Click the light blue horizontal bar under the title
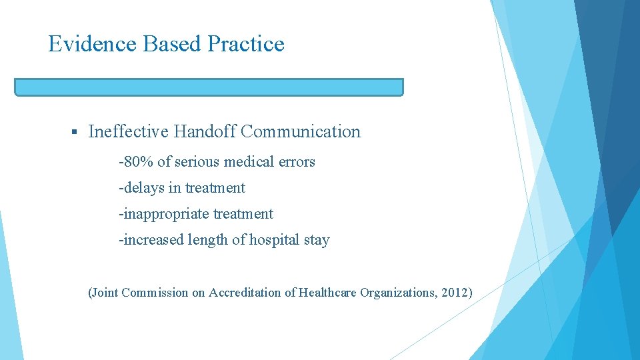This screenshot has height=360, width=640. pyautogui.click(x=209, y=87)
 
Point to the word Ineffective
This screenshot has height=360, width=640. pyautogui.click(x=129, y=132)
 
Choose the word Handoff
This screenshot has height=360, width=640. pyautogui.click(x=205, y=132)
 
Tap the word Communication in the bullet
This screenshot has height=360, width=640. pyautogui.click(x=301, y=132)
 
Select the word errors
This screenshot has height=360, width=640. pyautogui.click(x=297, y=162)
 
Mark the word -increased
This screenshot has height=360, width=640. pyautogui.click(x=148, y=240)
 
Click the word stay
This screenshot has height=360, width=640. pyautogui.click(x=317, y=240)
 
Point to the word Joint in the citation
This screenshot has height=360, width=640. pyautogui.click(x=105, y=292)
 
